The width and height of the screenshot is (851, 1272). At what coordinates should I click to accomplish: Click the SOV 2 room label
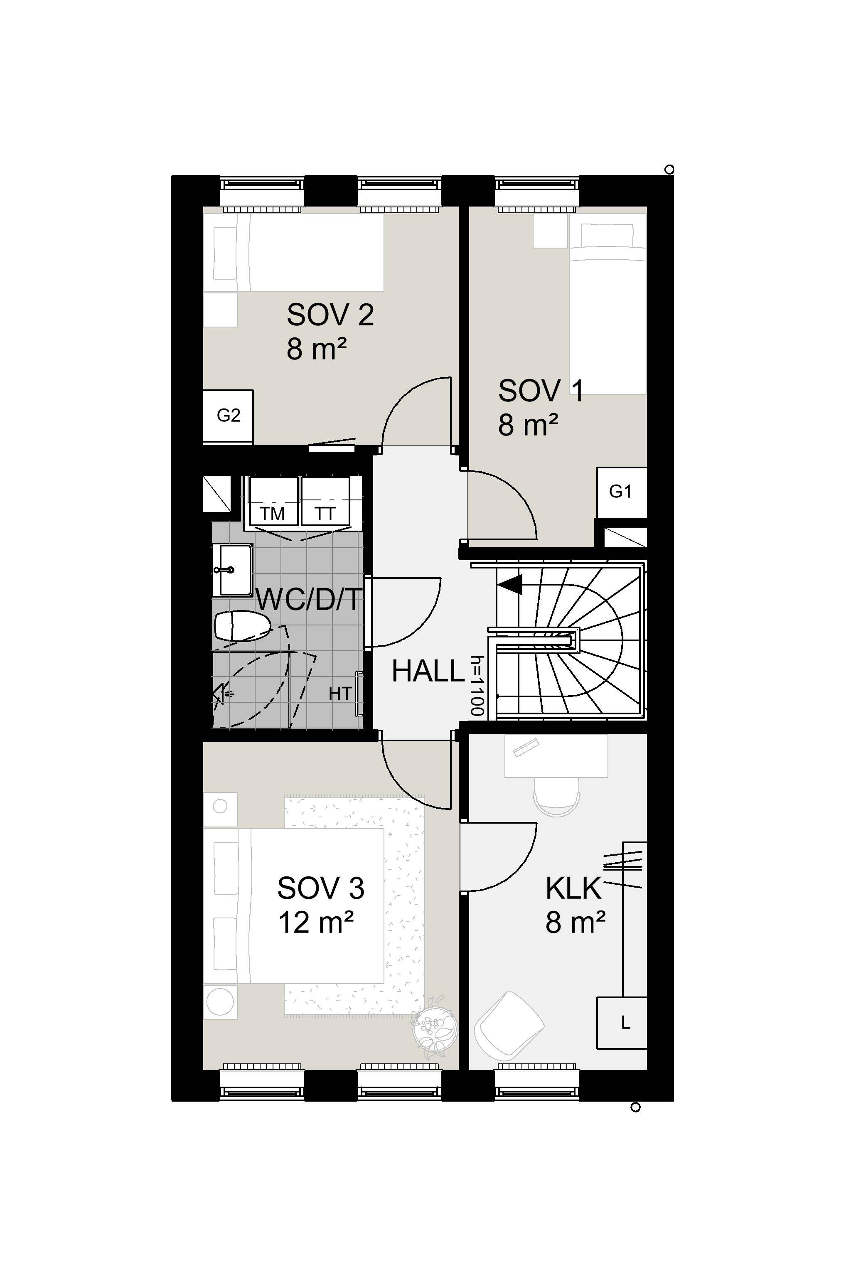click(x=330, y=315)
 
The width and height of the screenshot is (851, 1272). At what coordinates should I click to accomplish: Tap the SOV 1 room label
click(x=541, y=391)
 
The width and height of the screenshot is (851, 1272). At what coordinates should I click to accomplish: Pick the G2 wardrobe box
click(x=228, y=416)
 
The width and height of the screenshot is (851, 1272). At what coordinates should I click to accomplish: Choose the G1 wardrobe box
click(x=622, y=492)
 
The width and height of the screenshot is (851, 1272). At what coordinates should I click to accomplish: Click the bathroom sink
click(x=235, y=570)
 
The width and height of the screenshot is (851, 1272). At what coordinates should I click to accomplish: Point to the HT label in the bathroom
click(x=340, y=694)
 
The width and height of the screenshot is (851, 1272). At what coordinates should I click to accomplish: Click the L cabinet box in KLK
click(x=622, y=1023)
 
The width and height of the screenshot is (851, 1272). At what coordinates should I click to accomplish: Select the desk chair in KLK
click(x=556, y=797)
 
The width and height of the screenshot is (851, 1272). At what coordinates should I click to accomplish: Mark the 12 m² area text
click(x=316, y=923)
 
